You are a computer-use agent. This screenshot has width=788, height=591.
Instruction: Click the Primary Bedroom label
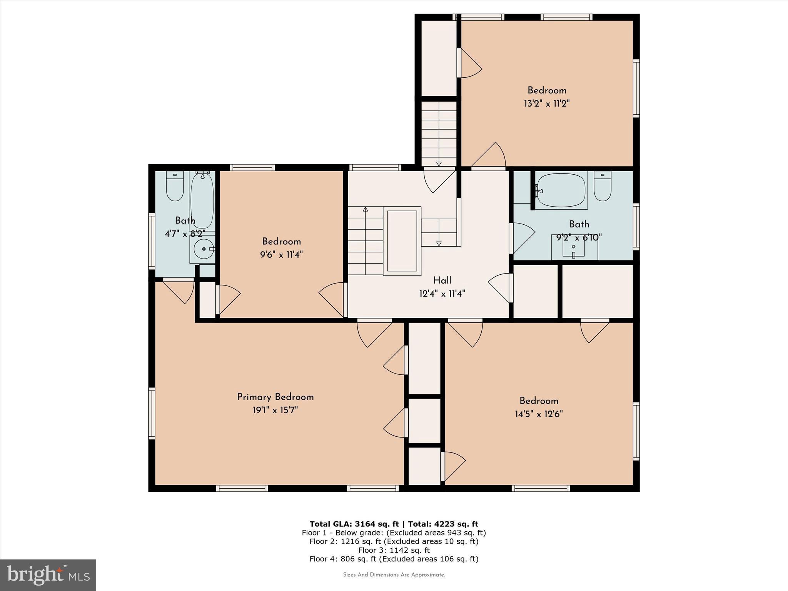(275, 397)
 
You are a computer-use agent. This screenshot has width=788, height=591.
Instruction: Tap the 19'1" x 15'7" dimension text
(275, 410)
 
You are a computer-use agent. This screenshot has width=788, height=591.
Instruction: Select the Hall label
(442, 280)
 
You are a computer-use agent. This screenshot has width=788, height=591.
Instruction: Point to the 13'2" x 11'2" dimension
(546, 104)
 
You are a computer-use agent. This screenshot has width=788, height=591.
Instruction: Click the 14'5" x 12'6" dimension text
(539, 414)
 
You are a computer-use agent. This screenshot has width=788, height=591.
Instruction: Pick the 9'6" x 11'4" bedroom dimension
(281, 255)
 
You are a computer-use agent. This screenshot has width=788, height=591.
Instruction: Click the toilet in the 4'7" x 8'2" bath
(175, 186)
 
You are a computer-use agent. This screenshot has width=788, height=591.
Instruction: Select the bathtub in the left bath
(202, 201)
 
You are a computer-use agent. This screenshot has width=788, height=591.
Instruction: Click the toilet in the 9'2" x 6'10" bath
(602, 186)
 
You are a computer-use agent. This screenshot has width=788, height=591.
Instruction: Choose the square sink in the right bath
(573, 246)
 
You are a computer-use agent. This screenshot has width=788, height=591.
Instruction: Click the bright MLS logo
(48, 575)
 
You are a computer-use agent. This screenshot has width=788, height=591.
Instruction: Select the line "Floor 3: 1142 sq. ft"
(394, 550)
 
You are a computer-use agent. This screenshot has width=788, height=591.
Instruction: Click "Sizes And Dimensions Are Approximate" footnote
(394, 575)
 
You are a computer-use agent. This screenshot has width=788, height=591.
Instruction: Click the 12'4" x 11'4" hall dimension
(442, 294)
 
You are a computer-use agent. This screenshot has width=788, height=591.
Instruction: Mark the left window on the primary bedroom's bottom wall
(242, 488)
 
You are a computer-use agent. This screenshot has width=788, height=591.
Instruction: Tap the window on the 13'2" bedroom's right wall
(636, 88)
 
